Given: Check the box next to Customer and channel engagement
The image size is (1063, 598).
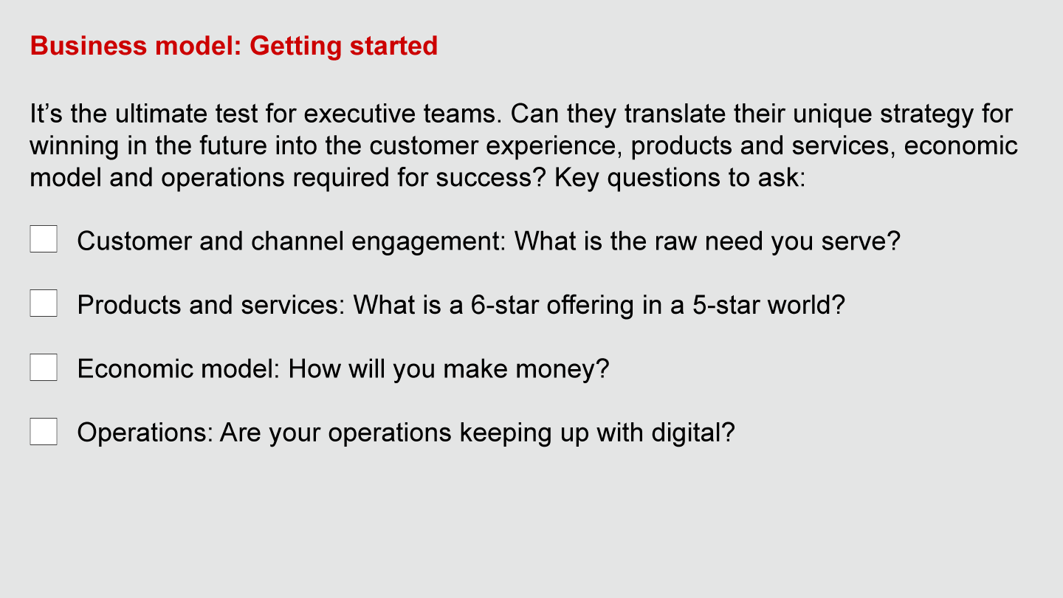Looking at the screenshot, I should pos(44,239).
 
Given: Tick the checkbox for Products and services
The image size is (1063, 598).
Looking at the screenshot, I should pos(44,303).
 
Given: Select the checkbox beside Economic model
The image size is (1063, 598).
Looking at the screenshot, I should pos(44,367).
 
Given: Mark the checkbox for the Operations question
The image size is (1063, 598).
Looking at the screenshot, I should pos(44,431).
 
